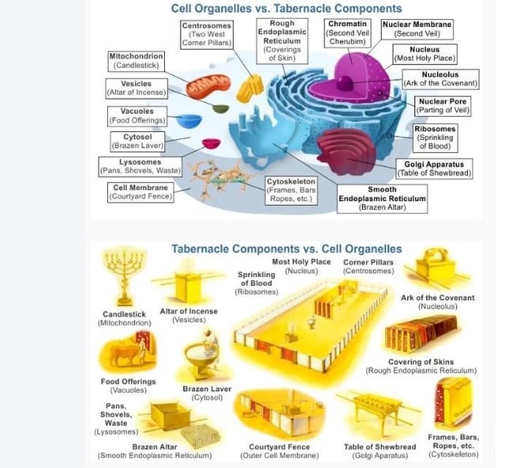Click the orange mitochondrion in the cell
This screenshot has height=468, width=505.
tap(208, 86)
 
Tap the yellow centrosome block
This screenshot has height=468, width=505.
tap(249, 88)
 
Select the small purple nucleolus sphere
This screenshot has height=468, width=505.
tap(345, 83)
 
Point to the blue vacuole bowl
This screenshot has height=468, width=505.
tap(189, 122)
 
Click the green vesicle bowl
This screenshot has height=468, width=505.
tap(221, 109)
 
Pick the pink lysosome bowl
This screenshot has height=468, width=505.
tap(211, 144)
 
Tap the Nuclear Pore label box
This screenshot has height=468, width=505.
tap(443, 106)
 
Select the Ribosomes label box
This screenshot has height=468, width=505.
tap(435, 138)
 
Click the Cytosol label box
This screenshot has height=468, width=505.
tap(137, 141)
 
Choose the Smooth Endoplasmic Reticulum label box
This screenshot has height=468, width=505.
tap(382, 198)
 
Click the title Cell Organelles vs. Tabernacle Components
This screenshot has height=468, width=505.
tap(286, 9)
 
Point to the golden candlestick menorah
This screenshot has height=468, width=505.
tap(124, 277)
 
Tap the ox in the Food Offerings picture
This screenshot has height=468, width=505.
tap(125, 354)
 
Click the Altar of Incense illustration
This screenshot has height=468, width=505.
tap(188, 283)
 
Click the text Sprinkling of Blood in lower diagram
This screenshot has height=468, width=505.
tap(256, 279)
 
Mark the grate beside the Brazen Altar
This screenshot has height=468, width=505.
tap(200, 436)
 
